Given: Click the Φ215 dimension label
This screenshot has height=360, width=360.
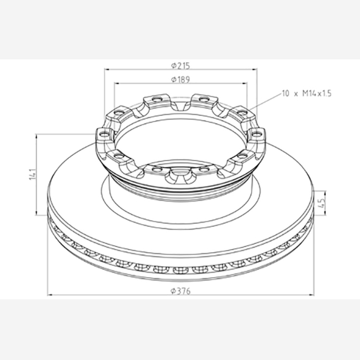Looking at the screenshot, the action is click(x=181, y=66).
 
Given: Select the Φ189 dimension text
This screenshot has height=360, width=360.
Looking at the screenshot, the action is click(x=181, y=80).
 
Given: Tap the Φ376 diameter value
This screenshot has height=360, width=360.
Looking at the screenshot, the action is click(x=181, y=291).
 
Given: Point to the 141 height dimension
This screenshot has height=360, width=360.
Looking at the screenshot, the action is click(x=33, y=174).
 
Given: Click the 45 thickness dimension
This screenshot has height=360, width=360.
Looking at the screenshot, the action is click(x=322, y=203).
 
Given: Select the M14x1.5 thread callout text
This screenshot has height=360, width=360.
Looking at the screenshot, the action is click(x=317, y=93).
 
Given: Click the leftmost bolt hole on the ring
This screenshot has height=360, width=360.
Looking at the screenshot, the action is click(x=104, y=134).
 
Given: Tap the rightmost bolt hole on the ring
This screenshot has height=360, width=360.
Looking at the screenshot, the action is click(x=256, y=133).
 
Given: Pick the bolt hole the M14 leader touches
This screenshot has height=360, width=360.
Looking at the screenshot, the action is click(x=243, y=112).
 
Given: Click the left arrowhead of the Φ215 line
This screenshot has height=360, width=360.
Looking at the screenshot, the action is click(x=107, y=69).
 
